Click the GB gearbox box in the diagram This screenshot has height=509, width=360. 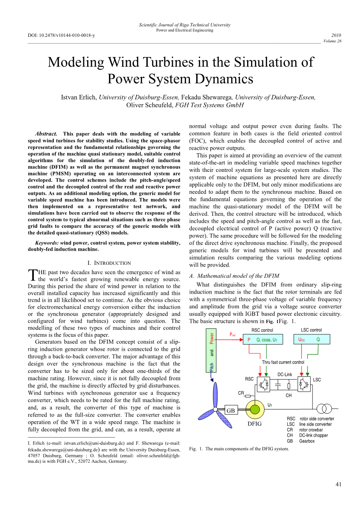[x=231, y=411]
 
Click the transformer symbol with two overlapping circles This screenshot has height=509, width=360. [x=324, y=409]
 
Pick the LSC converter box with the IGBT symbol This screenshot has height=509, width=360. [x=304, y=385]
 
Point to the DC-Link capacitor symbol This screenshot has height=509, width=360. [x=278, y=385]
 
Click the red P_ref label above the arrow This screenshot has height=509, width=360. [x=232, y=334]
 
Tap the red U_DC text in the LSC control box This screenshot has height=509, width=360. [x=302, y=340]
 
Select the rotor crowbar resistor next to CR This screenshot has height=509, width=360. [x=248, y=396]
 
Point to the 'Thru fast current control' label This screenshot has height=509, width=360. [x=283, y=362]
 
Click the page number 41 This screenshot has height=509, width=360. [x=338, y=484]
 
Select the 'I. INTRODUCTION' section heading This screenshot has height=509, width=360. [x=109, y=263]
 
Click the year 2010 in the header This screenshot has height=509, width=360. [x=336, y=35]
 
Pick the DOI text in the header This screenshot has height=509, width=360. [x=61, y=35]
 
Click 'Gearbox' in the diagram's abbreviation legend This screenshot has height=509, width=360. [x=307, y=441]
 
